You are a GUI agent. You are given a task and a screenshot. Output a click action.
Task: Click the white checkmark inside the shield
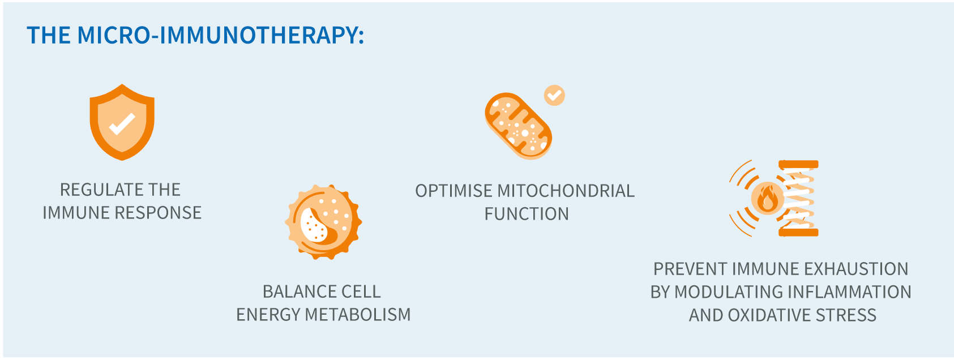(x=122, y=124)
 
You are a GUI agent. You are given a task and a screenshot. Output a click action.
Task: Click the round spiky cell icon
(x=323, y=221)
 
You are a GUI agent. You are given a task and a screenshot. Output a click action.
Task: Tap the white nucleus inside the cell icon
(x=313, y=226)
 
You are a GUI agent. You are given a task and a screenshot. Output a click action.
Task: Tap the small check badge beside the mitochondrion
(x=554, y=95)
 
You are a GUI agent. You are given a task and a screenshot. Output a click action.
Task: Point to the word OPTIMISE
(x=454, y=191)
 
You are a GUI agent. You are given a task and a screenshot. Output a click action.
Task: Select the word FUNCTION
(x=527, y=214)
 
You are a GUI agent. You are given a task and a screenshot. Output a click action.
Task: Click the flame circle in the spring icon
(x=767, y=199)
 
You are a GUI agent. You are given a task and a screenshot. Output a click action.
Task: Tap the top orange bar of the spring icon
(x=798, y=165)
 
